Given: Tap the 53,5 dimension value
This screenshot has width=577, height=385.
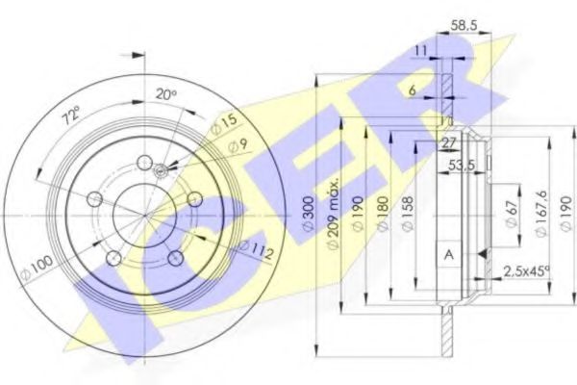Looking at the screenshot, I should click(465, 165).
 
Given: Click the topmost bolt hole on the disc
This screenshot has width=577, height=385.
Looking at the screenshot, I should click(144, 163).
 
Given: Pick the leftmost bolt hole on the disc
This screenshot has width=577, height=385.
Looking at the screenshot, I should click(94, 199).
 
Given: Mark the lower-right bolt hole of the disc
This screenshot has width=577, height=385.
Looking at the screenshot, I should click(175, 258).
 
